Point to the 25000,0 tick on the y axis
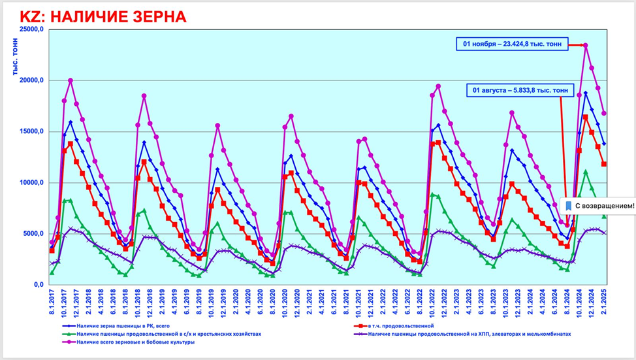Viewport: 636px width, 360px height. pyautogui.click(x=31, y=29)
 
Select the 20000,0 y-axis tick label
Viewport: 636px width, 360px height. pyautogui.click(x=31, y=80)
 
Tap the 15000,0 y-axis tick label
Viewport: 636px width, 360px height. pyautogui.click(x=31, y=131)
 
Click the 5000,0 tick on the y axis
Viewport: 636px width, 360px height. pyautogui.click(x=33, y=234)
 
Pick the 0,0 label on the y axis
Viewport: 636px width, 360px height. pyautogui.click(x=38, y=285)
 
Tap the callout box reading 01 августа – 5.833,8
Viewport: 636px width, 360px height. pyautogui.click(x=520, y=90)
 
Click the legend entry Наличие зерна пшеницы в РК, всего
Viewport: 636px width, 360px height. pyautogui.click(x=121, y=325)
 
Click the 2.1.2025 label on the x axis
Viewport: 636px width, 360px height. pyautogui.click(x=605, y=302)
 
